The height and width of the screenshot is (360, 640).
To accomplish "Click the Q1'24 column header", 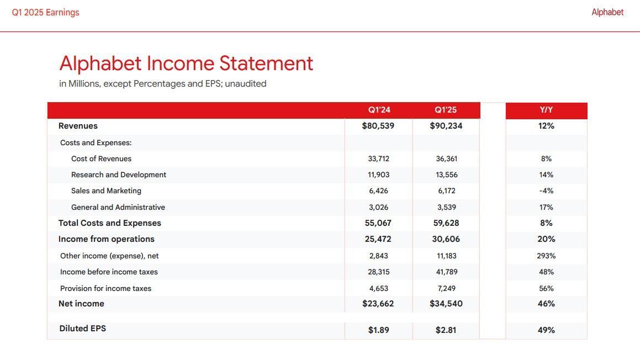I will click(379, 110).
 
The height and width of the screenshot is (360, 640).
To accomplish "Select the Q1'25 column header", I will click(446, 110).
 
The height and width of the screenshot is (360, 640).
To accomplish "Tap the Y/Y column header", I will click(546, 110).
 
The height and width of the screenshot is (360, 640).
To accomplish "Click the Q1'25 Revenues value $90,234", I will click(446, 126).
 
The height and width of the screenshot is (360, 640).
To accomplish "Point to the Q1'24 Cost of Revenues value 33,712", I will click(378, 158).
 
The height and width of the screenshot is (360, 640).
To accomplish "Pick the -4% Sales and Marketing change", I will click(546, 190).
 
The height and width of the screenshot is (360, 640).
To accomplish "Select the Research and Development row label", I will click(119, 174).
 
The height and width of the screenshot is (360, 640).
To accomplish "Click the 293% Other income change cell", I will click(546, 256).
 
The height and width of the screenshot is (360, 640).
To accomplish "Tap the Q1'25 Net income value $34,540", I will click(446, 304).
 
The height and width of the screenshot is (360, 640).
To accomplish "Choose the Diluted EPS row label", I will click(82, 329).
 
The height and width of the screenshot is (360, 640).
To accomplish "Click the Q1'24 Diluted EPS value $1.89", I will click(378, 330).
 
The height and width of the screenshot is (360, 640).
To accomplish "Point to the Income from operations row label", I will click(107, 239).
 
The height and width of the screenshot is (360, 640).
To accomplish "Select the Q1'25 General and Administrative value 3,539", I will click(446, 207).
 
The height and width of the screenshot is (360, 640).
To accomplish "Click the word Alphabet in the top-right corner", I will click(607, 12).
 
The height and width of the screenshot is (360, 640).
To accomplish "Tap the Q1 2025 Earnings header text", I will click(45, 12).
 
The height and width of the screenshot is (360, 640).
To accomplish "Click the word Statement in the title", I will click(266, 63).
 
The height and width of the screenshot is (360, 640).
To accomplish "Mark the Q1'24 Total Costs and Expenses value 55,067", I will click(378, 223).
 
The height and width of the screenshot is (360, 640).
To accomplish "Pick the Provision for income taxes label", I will click(105, 288).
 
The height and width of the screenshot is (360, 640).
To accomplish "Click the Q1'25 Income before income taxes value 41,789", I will click(446, 272).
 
